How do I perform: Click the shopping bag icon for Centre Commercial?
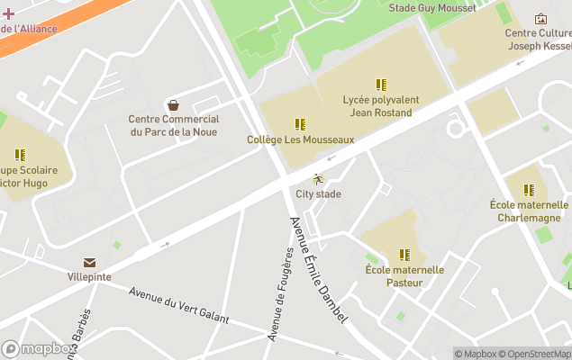(173, 105)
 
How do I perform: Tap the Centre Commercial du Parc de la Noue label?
(174, 125)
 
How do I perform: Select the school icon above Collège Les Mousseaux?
(300, 124)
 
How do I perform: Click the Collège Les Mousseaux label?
(300, 139)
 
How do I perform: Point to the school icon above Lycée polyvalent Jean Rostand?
(381, 85)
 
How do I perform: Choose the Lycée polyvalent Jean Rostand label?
(377, 106)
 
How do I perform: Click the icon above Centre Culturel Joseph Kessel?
(540, 18)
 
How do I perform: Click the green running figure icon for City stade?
(317, 179)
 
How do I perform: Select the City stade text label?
(318, 193)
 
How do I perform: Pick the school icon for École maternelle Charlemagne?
(529, 190)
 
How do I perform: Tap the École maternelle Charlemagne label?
(530, 211)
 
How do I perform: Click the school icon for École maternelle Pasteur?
(404, 255)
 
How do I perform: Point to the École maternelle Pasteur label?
(404, 275)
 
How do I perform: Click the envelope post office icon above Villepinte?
(89, 262)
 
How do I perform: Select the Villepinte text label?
(89, 276)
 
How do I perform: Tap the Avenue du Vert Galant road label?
(178, 306)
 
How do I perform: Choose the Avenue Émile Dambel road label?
(318, 270)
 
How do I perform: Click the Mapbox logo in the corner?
(39, 348)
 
